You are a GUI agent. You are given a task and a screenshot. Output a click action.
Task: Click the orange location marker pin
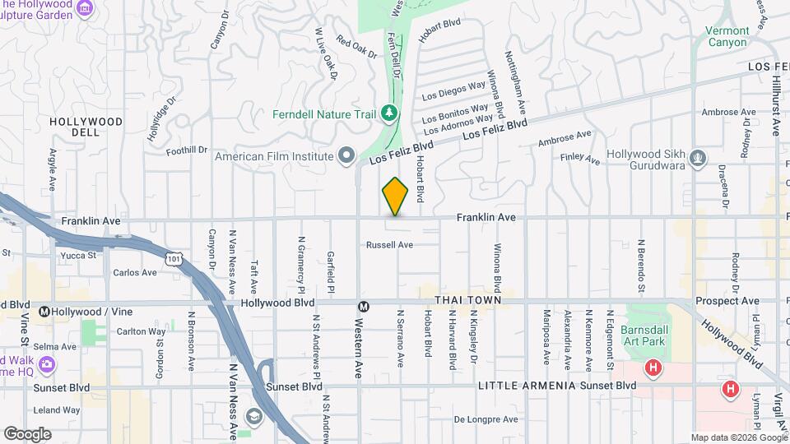[x=396, y=197]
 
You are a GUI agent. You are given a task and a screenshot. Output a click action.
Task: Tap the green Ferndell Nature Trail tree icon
[x=389, y=113]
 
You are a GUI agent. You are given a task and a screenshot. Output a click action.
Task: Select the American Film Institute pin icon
[x=346, y=155]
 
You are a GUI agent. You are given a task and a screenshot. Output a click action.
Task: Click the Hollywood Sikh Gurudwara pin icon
[x=698, y=155]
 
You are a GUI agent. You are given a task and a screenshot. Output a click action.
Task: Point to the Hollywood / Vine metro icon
[x=45, y=312]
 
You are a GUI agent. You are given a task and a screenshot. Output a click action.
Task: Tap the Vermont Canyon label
[x=727, y=37]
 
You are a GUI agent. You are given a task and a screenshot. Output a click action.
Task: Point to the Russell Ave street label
[x=389, y=245]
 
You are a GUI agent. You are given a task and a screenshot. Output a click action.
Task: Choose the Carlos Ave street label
[x=134, y=272]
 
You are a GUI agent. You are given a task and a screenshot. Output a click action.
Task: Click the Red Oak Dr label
[x=355, y=49]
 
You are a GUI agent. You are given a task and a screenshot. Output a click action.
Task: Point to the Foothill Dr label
[x=187, y=150]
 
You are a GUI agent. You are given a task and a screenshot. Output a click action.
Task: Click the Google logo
[x=27, y=434]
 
